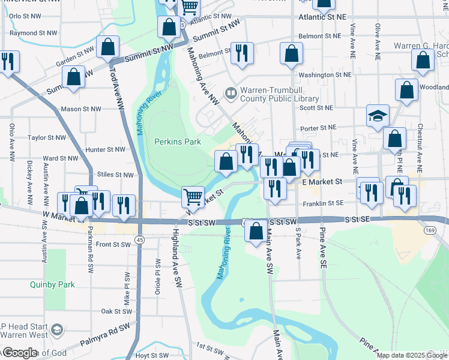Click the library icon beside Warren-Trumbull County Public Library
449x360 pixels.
[231, 93]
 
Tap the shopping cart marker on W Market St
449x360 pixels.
[193, 196]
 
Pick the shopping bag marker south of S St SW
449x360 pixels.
[256, 230]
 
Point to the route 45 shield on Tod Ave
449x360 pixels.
[139, 239]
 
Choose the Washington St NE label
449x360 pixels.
[325, 75]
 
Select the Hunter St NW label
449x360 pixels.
[105, 149]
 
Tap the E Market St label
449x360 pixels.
[322, 181]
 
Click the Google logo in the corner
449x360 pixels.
[19, 353]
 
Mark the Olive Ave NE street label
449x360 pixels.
[378, 40]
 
